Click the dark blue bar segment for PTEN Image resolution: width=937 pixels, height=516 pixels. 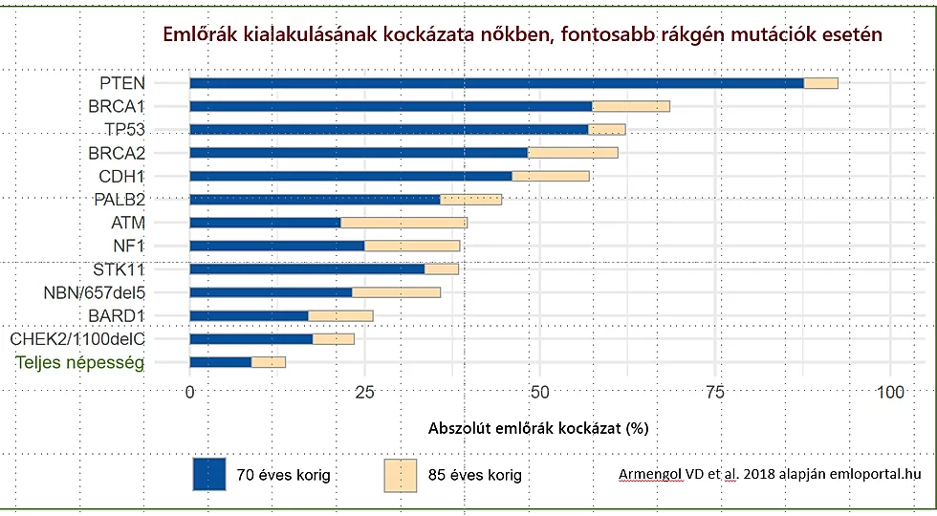496,83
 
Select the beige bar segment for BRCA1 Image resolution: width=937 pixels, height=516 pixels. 631,106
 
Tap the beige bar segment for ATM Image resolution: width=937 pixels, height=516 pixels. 403,223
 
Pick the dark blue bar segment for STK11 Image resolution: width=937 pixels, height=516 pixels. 307,269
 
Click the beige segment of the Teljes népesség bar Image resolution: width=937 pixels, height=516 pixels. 269,362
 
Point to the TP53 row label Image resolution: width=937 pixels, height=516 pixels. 125,129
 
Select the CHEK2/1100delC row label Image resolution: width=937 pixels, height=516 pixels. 76,338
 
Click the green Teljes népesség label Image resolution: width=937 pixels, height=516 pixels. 80,362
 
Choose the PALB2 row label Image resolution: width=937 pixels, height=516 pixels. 120,199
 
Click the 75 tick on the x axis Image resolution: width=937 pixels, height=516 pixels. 714,392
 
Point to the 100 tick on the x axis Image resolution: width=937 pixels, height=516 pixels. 890,392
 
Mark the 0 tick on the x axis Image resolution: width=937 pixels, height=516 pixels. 190,392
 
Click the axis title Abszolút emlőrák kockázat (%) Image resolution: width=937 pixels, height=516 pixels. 538,427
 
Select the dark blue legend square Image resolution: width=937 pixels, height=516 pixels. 209,474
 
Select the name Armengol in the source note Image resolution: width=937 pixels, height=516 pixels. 653,473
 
